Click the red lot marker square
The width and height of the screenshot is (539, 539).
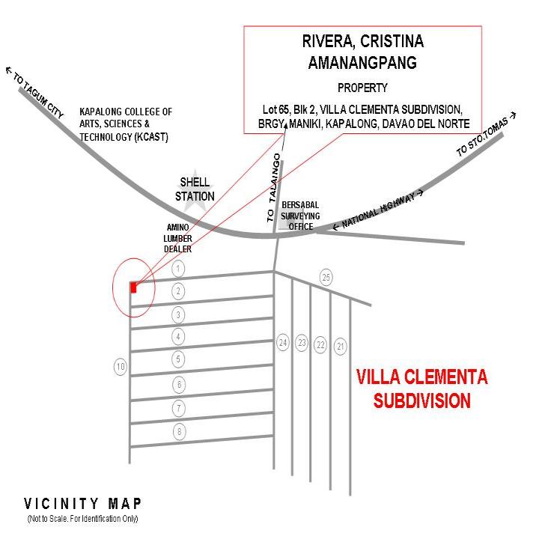[x=134, y=287]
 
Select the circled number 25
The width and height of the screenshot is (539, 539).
[x=326, y=277]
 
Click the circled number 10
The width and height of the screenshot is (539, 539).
[x=120, y=367]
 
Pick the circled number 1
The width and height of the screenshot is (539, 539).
[x=178, y=268]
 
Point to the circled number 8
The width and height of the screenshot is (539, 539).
[x=178, y=431]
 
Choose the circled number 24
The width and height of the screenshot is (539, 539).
[x=282, y=343]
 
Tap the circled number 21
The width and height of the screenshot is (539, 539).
[x=341, y=345]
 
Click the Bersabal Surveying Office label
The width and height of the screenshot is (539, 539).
[x=300, y=216]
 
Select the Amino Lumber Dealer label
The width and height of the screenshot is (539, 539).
[x=178, y=238]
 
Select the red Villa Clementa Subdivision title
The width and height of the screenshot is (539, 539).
[x=421, y=388]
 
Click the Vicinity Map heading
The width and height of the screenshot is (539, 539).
[x=82, y=503]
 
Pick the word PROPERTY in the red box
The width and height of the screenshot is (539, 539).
[x=362, y=88]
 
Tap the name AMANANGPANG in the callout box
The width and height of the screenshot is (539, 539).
[x=362, y=63]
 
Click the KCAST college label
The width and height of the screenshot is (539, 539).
[x=125, y=124]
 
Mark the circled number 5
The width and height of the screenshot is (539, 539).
[x=178, y=359]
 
